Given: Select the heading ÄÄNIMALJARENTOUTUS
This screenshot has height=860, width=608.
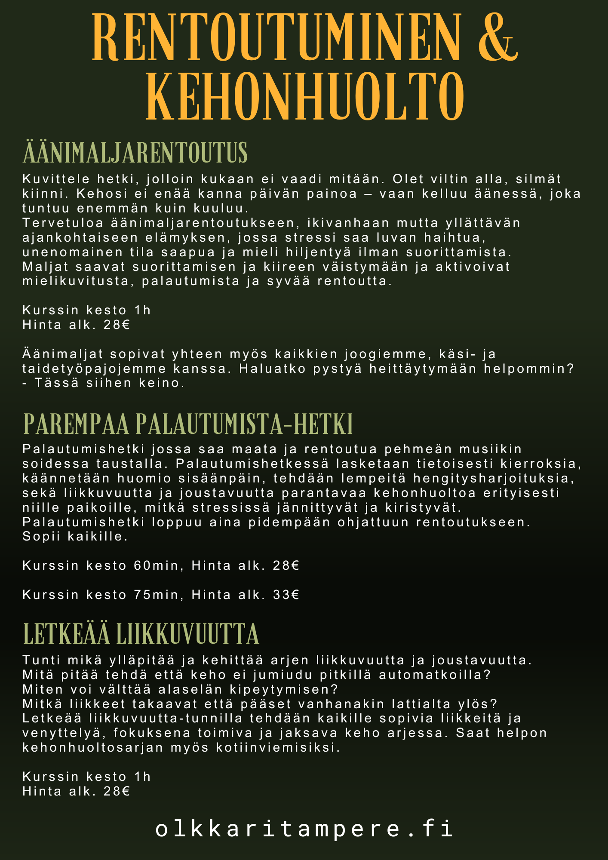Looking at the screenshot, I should point(135,153).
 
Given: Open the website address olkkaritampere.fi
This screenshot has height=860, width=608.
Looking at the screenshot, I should point(304,829).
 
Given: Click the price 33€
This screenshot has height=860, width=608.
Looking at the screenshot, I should point(286,595).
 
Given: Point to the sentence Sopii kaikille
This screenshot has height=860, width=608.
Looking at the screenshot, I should point(75,537).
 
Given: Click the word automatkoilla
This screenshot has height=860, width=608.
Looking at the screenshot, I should point(435,674).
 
